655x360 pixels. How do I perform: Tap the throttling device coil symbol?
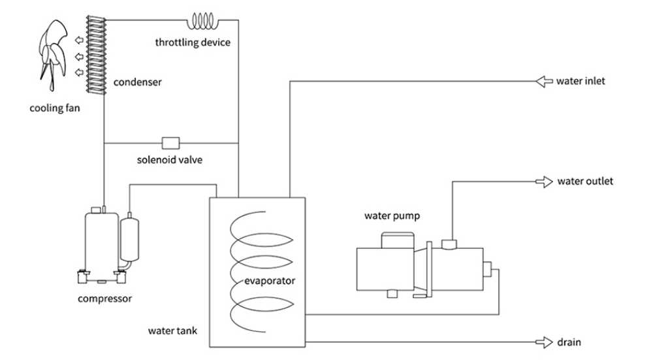205,22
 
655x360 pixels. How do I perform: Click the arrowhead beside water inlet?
542,82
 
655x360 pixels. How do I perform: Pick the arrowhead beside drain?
543,341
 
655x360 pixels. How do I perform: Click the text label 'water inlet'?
581,82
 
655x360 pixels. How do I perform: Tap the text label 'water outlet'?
584,181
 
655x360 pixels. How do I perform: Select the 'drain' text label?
569,341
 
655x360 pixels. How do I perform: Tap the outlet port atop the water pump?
449,244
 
